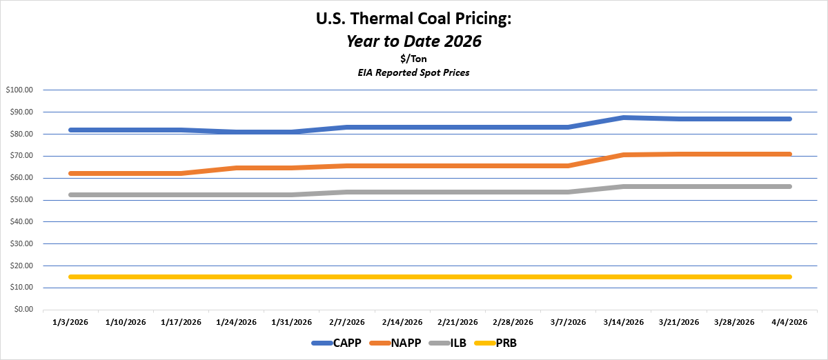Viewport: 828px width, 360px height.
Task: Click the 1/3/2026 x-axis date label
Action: point(70,322)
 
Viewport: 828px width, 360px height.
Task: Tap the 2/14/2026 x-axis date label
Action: point(402,322)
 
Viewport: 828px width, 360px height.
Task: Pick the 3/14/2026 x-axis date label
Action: point(624,322)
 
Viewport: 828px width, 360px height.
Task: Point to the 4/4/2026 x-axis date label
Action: point(789,322)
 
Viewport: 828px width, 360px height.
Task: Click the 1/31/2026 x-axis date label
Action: point(291,322)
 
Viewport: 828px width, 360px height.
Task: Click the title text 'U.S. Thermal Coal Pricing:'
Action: point(413,19)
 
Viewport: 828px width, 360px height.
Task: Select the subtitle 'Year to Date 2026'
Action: point(413,41)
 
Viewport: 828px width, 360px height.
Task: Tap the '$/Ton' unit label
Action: point(413,59)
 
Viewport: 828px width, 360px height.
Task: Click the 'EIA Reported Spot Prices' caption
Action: point(413,72)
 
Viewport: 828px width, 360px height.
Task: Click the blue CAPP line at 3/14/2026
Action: point(624,118)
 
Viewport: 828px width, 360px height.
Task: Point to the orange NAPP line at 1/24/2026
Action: point(236,168)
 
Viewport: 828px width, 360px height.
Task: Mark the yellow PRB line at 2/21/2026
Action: point(457,277)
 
